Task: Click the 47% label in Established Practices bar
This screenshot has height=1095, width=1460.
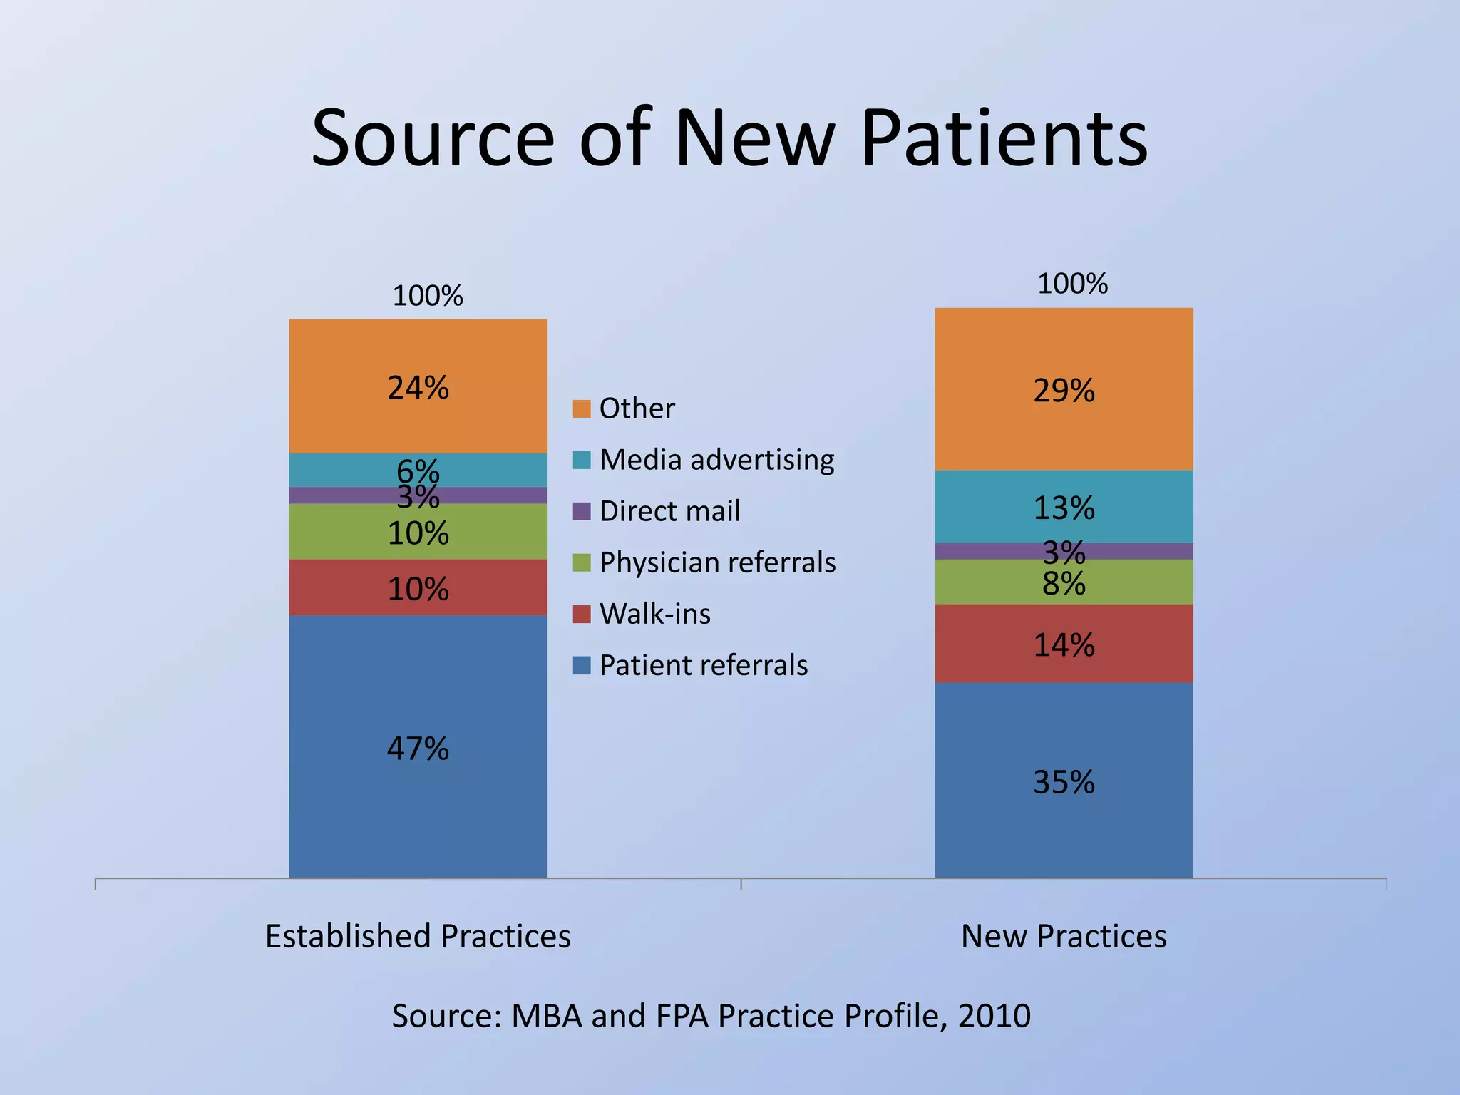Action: [x=418, y=749]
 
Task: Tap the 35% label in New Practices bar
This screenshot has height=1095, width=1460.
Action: [x=1064, y=782]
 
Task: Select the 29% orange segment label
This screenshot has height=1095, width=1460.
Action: [x=1064, y=391]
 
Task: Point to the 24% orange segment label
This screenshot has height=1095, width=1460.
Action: [x=418, y=388]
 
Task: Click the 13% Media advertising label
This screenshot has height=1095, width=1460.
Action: [x=1064, y=508]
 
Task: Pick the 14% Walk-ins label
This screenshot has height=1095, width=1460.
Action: [x=1064, y=645]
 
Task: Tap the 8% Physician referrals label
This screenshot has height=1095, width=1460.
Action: [x=1064, y=585]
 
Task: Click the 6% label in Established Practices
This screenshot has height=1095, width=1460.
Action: [x=418, y=470]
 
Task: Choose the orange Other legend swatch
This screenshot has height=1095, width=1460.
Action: [x=582, y=408]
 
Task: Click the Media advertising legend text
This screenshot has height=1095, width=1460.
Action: [x=716, y=460]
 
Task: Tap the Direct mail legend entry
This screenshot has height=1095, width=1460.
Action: [x=669, y=511]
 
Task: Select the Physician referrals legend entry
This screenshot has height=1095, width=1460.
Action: [x=717, y=562]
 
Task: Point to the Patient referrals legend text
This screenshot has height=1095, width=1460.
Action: [x=704, y=665]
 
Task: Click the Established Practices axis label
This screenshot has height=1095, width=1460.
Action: [x=418, y=936]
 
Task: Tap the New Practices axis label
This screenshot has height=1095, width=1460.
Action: [x=1064, y=936]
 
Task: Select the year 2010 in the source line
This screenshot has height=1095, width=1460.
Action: [x=994, y=1016]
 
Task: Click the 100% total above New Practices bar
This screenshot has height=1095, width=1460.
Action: [x=1072, y=284]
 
